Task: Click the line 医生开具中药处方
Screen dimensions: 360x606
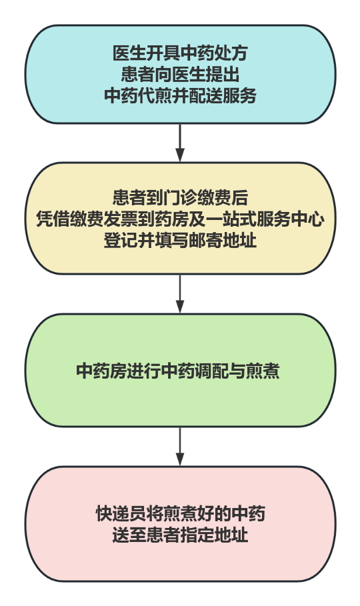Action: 180,53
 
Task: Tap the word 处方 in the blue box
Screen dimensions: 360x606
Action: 231,53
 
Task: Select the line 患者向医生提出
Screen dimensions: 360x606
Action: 180,74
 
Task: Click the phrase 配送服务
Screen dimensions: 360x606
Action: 223,95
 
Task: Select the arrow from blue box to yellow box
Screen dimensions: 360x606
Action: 180,142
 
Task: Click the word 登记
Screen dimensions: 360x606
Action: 120,241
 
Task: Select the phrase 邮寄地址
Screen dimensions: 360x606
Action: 223,241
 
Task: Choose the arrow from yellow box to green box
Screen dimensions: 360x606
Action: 180,294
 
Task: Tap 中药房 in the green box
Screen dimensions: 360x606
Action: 101,371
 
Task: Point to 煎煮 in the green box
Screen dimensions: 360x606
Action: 263,371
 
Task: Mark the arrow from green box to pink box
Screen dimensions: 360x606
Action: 180,447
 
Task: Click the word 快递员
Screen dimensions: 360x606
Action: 121,513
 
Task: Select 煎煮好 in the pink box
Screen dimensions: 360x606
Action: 188,513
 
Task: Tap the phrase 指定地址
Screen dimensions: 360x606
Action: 214,535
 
